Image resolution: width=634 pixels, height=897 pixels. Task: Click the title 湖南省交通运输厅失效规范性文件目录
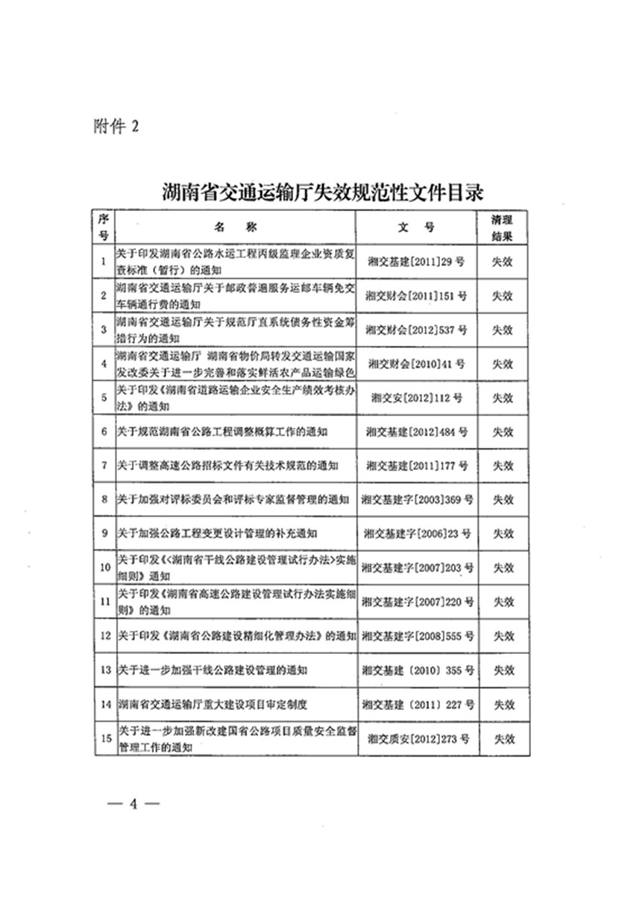pos(324,193)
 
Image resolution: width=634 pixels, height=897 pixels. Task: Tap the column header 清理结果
pos(502,227)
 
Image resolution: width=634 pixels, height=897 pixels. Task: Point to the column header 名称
pos(235,227)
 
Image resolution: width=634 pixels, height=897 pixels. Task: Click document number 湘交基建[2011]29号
pos(416,262)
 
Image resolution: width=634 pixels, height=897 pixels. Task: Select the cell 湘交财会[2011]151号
pos(416,295)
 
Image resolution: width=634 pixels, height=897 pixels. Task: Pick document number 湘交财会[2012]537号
pos(416,330)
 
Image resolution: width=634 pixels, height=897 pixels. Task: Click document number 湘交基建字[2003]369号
pos(416,500)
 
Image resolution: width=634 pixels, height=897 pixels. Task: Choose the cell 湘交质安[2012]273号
pos(416,738)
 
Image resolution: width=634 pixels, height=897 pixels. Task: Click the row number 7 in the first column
pos(104,465)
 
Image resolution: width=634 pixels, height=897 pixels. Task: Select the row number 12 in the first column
pos(104,636)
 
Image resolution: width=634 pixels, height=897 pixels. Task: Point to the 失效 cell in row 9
pos(502,534)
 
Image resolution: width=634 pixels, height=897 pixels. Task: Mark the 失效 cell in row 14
pos(502,704)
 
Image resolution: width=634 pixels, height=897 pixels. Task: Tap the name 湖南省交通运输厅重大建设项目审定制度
pos(213,704)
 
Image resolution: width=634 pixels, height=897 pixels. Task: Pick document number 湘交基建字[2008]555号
pos(416,636)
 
